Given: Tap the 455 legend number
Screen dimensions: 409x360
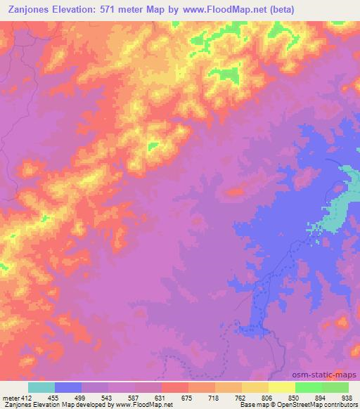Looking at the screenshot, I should tap(54, 397).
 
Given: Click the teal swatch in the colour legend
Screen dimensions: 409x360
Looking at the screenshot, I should tap(41, 387).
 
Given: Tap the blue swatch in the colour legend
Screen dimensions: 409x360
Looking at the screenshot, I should tap(68, 387).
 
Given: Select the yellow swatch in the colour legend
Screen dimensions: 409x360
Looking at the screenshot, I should tap(282, 387).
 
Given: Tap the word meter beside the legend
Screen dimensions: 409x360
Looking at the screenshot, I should tap(9, 397).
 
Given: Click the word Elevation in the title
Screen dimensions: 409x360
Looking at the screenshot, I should tap(79, 9).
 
